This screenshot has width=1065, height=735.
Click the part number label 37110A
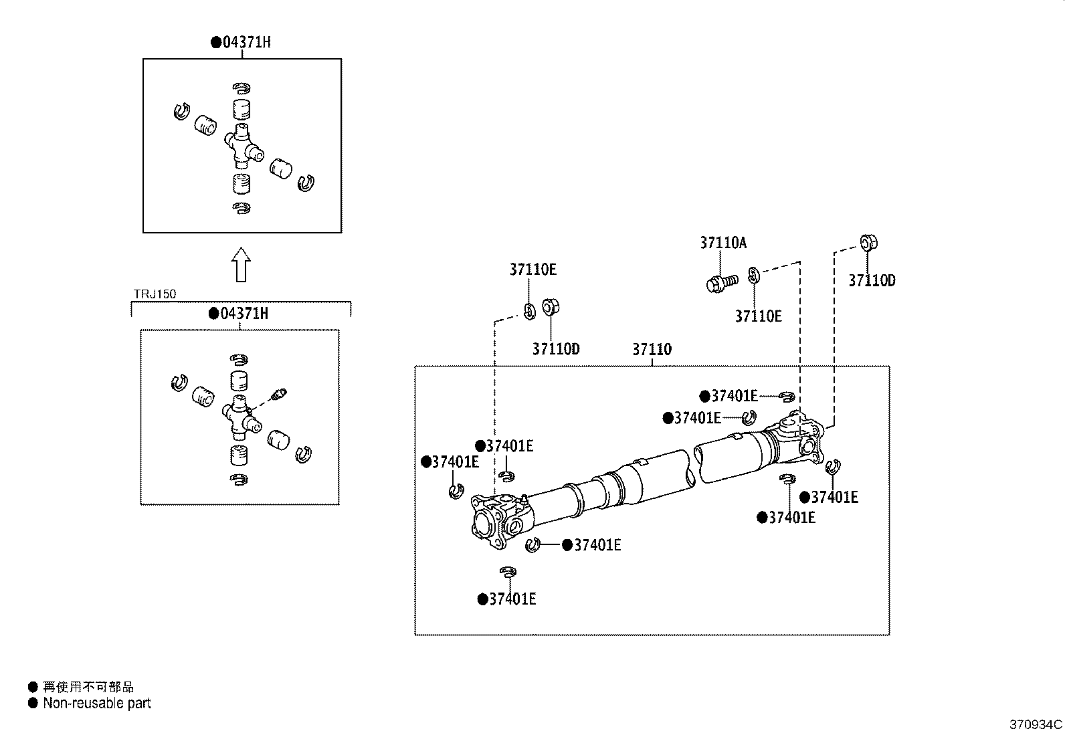(723, 243)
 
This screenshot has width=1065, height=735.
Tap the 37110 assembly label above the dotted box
(652, 349)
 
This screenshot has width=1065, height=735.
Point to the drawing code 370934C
(1035, 724)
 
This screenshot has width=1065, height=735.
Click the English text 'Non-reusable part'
(97, 703)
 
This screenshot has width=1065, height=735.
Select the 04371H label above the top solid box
(246, 42)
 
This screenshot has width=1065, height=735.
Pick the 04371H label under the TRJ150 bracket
(244, 313)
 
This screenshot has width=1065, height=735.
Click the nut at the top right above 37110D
(868, 243)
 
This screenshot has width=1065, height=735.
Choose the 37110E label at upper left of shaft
(532, 270)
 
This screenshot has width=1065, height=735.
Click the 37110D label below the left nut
(556, 348)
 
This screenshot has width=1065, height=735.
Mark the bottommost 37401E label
(512, 599)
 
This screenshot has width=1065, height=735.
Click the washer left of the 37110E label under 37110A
(753, 274)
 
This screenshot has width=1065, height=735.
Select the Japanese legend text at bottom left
(88, 687)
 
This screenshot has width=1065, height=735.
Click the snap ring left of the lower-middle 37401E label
(532, 545)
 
